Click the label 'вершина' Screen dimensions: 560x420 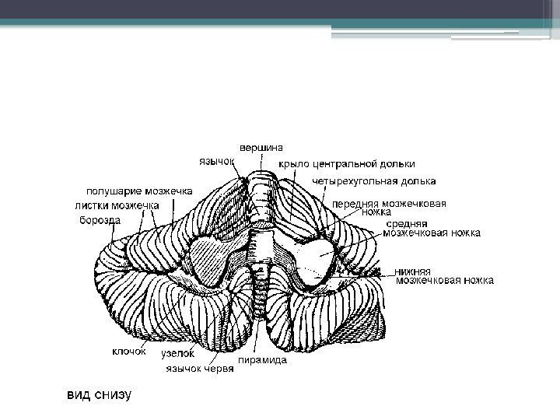click(x=261, y=147)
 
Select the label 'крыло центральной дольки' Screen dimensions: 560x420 click(x=346, y=164)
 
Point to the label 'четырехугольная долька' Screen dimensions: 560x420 click(x=373, y=181)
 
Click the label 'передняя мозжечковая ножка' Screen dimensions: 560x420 click(x=389, y=208)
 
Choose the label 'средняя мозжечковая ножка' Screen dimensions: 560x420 click(x=432, y=228)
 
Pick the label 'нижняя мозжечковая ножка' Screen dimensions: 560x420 click(x=443, y=276)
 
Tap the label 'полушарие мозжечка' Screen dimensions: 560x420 click(x=139, y=191)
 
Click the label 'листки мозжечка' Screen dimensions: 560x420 click(x=117, y=205)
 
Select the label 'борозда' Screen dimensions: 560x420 click(x=100, y=220)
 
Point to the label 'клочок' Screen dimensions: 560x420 click(x=128, y=351)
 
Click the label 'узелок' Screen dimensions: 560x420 click(x=177, y=354)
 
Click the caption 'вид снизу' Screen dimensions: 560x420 click(x=97, y=394)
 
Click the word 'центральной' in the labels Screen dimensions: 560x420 click(x=345, y=164)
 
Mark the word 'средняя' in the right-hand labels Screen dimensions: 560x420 click(x=405, y=223)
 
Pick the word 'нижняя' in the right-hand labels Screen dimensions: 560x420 click(x=413, y=271)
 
